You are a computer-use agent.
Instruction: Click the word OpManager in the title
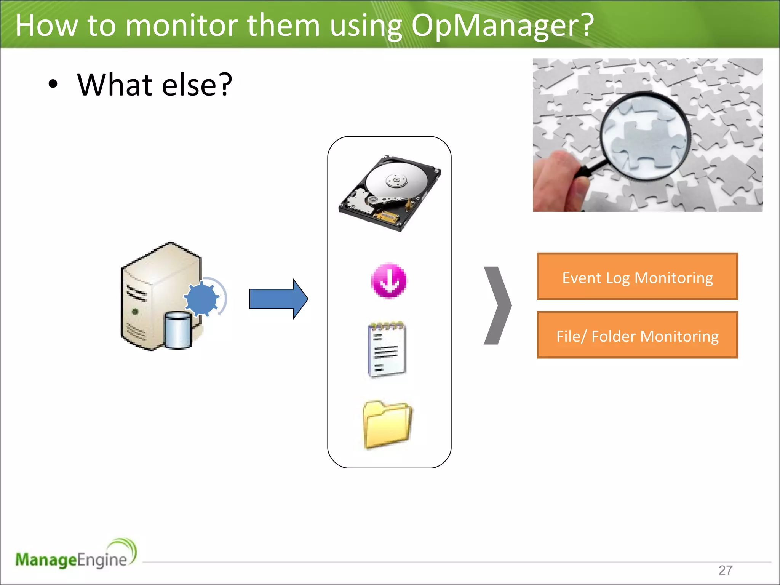click(x=502, y=26)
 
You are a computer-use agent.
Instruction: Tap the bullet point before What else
click(x=53, y=85)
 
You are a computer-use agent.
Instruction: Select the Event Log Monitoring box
click(x=637, y=277)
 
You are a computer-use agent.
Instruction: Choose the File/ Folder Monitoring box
click(x=637, y=335)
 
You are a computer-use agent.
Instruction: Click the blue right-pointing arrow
click(x=278, y=299)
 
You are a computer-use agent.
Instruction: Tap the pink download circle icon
click(x=389, y=281)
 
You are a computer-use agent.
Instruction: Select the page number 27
click(x=725, y=570)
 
